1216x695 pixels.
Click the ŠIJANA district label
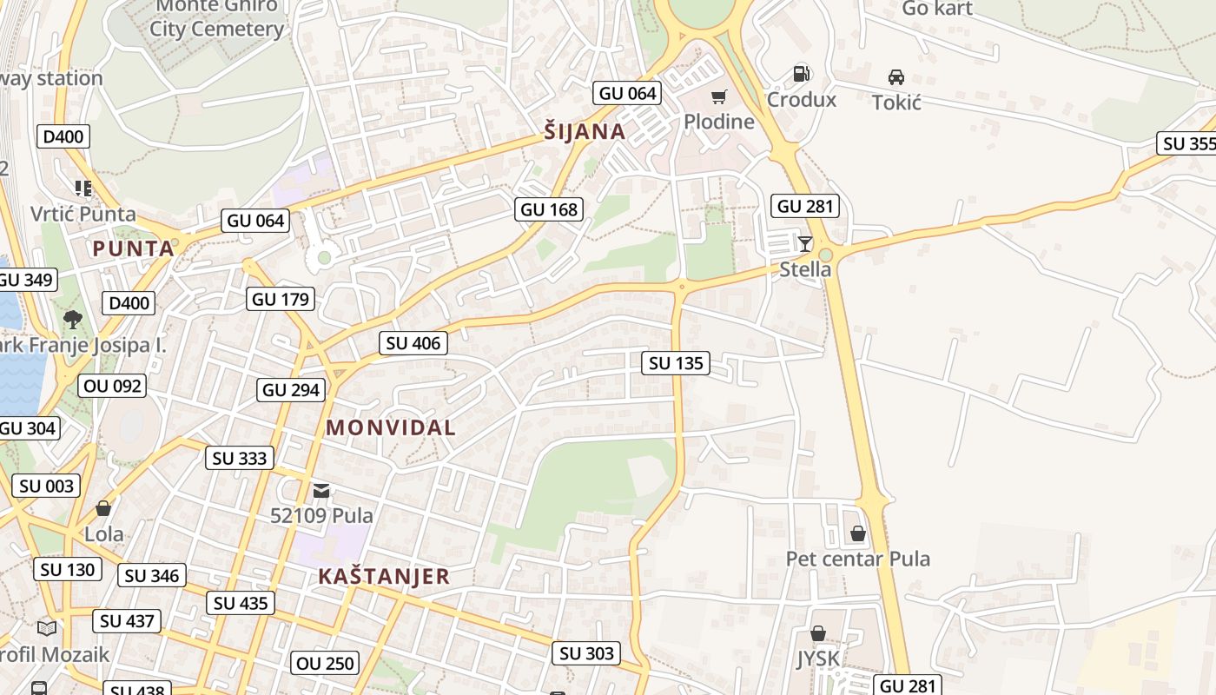tap(585, 132)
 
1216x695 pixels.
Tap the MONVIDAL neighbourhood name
tap(391, 428)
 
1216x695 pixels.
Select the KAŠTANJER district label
tap(384, 577)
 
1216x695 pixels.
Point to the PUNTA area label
tap(134, 249)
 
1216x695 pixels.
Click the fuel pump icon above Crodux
tap(801, 75)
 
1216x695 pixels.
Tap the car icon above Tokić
tap(896, 77)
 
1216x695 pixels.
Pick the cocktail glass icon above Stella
tap(805, 244)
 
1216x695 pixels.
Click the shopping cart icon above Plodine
tap(718, 96)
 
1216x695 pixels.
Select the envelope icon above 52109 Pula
tap(321, 491)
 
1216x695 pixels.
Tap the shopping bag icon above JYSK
tap(818, 634)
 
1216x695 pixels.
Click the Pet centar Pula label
tap(857, 559)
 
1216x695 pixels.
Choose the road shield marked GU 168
tap(549, 209)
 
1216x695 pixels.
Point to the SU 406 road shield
tap(413, 343)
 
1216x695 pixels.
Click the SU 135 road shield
tap(676, 363)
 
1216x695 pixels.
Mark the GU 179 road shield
tap(280, 300)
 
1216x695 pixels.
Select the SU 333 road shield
tap(241, 458)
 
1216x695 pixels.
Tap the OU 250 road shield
tap(325, 664)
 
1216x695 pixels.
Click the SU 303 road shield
tap(586, 653)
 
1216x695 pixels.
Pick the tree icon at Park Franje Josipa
tap(73, 319)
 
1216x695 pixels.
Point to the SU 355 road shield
tap(1187, 144)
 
